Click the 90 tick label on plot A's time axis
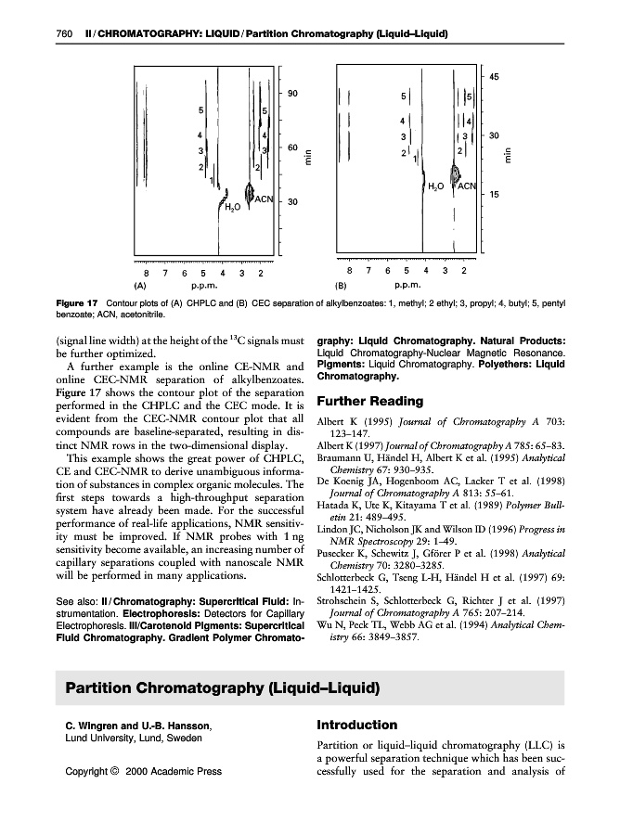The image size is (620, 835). tap(291, 94)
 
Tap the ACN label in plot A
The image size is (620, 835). tap(264, 199)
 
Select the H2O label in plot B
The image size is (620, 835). tap(434, 186)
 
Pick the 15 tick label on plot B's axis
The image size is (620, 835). tap(495, 196)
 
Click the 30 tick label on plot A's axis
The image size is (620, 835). tap(291, 203)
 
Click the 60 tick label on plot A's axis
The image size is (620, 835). tap(291, 148)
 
